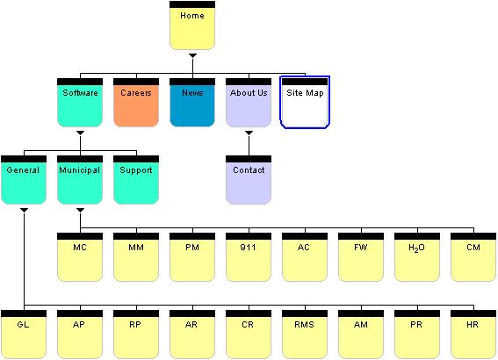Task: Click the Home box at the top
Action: point(192,25)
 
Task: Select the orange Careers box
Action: point(136,103)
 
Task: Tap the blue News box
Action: point(192,103)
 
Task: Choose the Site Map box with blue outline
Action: point(305,102)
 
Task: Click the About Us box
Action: point(249,103)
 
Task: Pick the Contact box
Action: point(249,180)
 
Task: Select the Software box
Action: point(80,103)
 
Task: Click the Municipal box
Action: point(80,180)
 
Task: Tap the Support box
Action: point(136,180)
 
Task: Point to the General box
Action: point(24,180)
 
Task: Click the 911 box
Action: point(249,256)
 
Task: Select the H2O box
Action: point(417,256)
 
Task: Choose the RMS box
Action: point(305,335)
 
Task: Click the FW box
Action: point(361,256)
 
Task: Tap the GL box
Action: point(24,335)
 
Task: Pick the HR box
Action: point(473,335)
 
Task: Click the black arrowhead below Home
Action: point(192,56)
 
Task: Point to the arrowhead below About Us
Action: point(249,133)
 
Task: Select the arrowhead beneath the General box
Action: point(24,210)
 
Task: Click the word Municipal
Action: point(79,170)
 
